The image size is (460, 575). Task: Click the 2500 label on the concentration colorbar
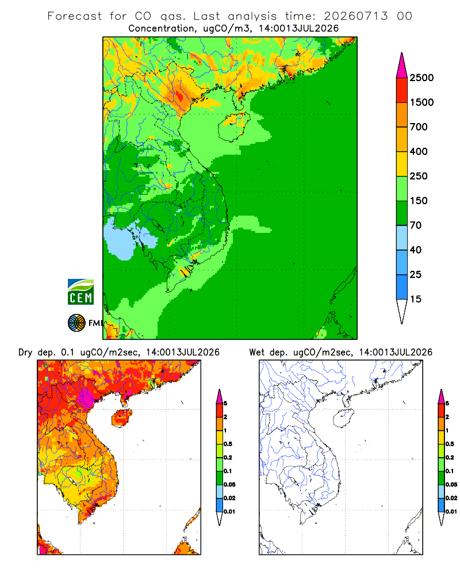pyautogui.click(x=421, y=78)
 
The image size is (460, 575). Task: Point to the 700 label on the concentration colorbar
pyautogui.click(x=419, y=127)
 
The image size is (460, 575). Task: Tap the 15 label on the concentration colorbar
pyautogui.click(x=416, y=299)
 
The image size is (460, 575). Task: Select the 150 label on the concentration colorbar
pyautogui.click(x=419, y=201)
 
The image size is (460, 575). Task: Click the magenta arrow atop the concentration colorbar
pyautogui.click(x=402, y=67)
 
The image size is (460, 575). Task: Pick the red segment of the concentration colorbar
pyautogui.click(x=402, y=90)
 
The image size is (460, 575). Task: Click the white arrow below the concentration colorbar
pyautogui.click(x=402, y=310)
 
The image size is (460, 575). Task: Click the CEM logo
pyautogui.click(x=80, y=292)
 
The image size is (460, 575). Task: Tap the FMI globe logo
pyautogui.click(x=76, y=323)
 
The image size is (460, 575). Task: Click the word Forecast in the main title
pyautogui.click(x=75, y=16)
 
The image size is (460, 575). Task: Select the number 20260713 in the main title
pyautogui.click(x=355, y=16)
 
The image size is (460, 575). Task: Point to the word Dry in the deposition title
pyautogui.click(x=25, y=352)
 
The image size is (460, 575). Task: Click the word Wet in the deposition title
pyautogui.click(x=256, y=352)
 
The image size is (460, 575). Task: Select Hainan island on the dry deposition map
pyautogui.click(x=122, y=418)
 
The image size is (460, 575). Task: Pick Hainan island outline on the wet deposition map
pyautogui.click(x=344, y=418)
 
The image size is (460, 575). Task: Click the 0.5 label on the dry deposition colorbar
pyautogui.click(x=228, y=444)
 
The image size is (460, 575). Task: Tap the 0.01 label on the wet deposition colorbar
pyautogui.click(x=451, y=512)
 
